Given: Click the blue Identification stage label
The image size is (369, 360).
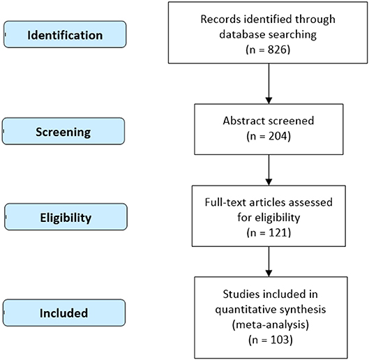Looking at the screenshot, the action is (x=65, y=34).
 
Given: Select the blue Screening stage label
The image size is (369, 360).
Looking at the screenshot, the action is (x=63, y=131).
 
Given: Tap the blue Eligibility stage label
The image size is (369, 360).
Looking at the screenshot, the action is (x=66, y=217).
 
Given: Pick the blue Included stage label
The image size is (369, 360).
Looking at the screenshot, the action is (x=64, y=313).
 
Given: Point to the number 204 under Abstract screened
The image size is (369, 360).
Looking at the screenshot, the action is (x=278, y=136).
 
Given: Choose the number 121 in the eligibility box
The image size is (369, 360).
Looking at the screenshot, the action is (x=278, y=232).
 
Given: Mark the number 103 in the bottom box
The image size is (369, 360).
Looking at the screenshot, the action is (x=279, y=340).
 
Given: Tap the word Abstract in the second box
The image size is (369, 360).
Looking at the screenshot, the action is (x=244, y=121).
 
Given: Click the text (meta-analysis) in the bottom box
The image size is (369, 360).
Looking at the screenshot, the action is (x=271, y=325).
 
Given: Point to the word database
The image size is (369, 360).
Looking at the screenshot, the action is (x=242, y=34).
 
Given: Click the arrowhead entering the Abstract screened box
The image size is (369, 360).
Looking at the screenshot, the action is (x=269, y=100).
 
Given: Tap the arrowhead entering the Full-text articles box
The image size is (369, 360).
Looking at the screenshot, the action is (x=269, y=182).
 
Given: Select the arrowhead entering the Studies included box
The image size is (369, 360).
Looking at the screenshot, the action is (x=269, y=273).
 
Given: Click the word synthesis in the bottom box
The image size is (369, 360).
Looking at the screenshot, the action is (x=303, y=310).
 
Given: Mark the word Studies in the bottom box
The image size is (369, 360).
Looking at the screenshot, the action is (x=241, y=294).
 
